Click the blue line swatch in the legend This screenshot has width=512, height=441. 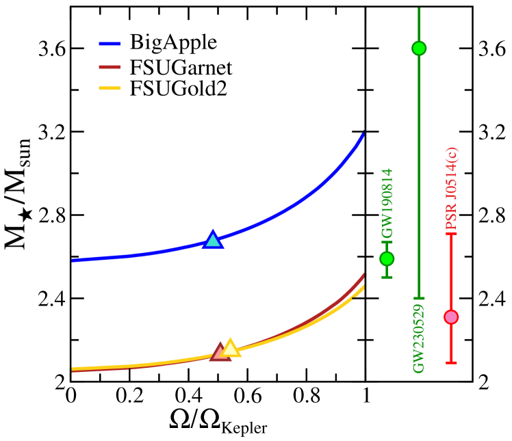click(110, 44)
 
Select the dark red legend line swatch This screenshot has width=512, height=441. click(110, 67)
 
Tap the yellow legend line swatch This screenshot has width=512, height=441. click(110, 88)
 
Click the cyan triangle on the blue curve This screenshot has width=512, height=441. click(213, 240)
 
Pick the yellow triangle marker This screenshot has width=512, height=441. click(231, 348)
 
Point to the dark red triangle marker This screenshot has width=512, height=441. click(219, 352)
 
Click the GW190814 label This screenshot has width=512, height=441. click(387, 203)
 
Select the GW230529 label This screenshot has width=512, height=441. click(419, 338)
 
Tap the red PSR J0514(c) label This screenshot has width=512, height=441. click(452, 189)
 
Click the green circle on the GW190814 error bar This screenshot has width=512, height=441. click(387, 258)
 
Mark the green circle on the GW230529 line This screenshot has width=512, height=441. click(419, 49)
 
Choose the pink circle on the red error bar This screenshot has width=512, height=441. click(451, 317)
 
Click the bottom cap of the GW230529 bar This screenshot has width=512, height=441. click(419, 298)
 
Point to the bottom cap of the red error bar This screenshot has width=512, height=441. click(451, 362)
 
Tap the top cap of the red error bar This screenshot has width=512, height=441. click(451, 234)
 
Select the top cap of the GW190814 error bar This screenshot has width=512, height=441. click(387, 242)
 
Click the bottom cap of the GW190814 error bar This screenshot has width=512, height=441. click(387, 277)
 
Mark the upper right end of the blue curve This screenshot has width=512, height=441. click(363, 133)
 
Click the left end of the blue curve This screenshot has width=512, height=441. click(73, 260)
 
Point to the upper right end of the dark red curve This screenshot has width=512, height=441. click(363, 275)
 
